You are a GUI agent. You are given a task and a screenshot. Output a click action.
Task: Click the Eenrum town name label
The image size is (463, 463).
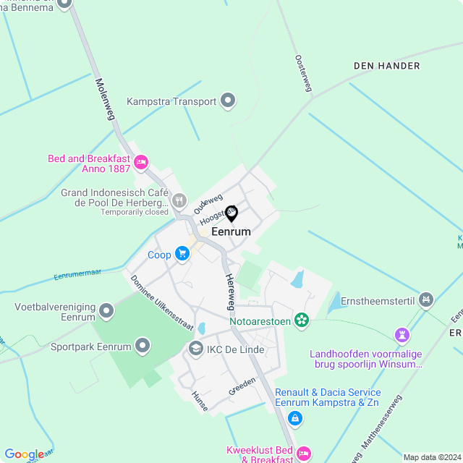click(231, 232)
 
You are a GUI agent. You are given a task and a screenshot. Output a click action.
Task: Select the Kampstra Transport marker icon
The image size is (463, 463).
click(229, 101)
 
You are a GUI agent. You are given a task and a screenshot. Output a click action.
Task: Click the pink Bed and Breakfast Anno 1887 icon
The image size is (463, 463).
click(142, 161)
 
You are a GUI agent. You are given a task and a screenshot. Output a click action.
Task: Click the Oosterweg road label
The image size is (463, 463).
click(303, 73)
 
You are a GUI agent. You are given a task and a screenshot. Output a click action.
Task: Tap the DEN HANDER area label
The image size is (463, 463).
click(386, 66)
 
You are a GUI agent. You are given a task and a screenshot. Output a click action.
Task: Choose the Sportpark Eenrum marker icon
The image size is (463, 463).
click(143, 346)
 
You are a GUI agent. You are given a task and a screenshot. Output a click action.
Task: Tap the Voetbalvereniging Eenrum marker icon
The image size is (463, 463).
click(107, 311)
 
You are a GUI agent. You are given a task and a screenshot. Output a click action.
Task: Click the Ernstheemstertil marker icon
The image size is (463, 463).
click(426, 298)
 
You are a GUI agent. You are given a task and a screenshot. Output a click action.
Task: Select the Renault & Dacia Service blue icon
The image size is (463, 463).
click(294, 417)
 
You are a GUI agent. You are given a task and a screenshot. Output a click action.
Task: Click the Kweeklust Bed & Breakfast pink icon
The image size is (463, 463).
click(305, 454)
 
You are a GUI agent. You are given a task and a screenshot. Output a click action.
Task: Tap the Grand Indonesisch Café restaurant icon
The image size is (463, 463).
click(179, 200)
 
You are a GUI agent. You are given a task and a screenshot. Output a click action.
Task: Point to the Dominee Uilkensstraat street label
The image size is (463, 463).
click(162, 303)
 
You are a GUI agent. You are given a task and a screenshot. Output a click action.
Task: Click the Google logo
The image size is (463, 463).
click(24, 454)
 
